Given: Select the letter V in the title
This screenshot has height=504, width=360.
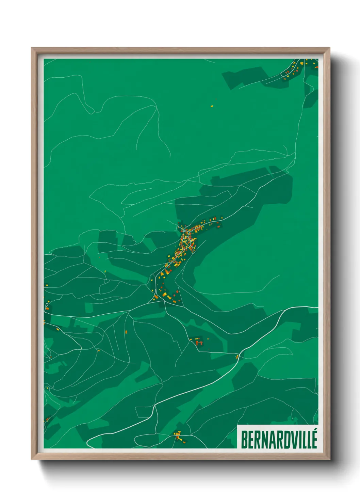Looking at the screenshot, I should (289, 440).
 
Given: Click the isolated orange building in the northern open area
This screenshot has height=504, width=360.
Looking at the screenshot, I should (212, 106).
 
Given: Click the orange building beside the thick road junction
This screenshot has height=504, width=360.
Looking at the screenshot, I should (237, 357).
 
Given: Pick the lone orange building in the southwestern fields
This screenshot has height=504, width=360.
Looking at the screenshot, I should (126, 331).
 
